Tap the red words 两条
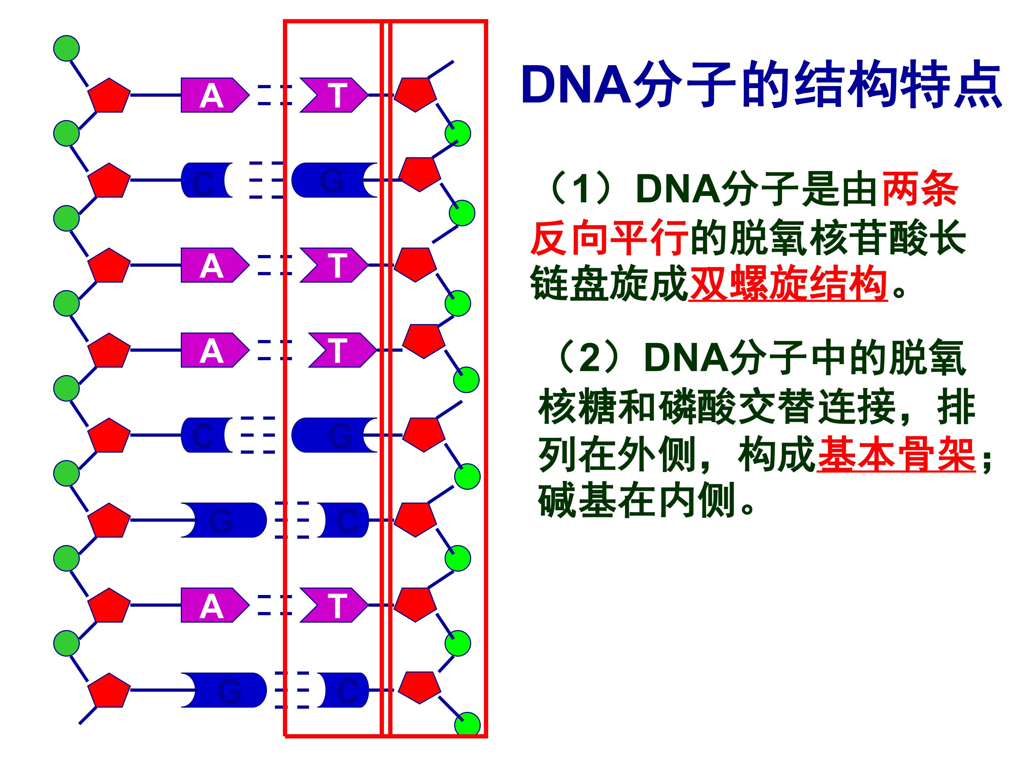click(920, 189)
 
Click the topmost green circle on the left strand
click(66, 48)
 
